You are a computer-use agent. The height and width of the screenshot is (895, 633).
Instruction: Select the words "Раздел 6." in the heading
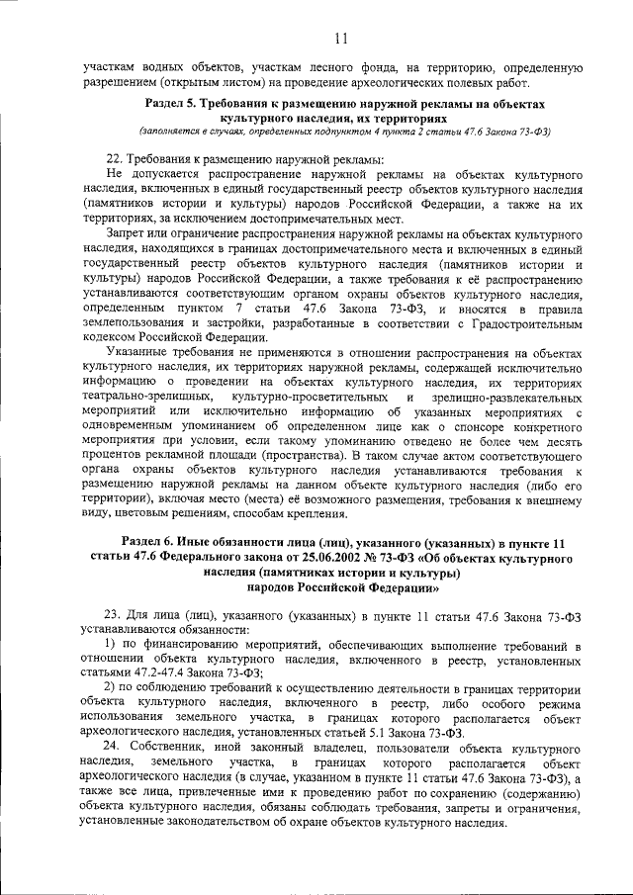(x=156, y=543)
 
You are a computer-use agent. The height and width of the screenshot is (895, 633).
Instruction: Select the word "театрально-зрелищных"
(x=141, y=397)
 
